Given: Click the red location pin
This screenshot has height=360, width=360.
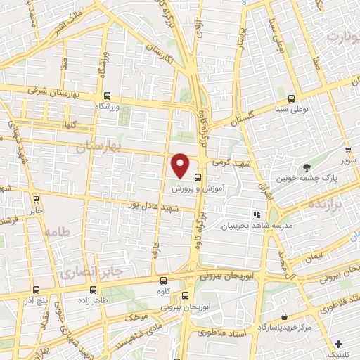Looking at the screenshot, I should pyautogui.click(x=181, y=165).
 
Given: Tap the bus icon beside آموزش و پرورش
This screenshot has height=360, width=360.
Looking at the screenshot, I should pyautogui.click(x=198, y=179).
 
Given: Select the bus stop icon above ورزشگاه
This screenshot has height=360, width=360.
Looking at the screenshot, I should pyautogui.click(x=107, y=96).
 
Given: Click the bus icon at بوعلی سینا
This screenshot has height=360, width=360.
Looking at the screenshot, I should pyautogui.click(x=291, y=98).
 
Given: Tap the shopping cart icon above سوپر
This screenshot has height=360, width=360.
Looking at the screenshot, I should pyautogui.click(x=347, y=150).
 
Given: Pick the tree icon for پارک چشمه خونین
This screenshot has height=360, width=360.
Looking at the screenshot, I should pyautogui.click(x=307, y=167).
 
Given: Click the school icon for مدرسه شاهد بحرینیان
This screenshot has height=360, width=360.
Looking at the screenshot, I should pyautogui.click(x=257, y=214).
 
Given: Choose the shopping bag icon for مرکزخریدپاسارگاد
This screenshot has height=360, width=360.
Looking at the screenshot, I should pyautogui.click(x=283, y=317).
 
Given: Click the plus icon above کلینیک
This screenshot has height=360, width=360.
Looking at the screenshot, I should pyautogui.click(x=340, y=345).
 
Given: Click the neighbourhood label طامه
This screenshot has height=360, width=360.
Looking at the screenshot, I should pyautogui.click(x=57, y=231).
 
